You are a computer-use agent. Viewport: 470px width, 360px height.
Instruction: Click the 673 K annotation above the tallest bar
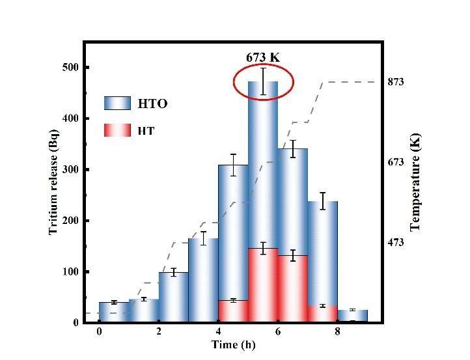click(263, 58)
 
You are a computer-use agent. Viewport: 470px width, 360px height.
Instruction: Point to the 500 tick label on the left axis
click(70, 68)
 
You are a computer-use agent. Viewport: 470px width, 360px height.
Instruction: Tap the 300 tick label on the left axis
click(70, 170)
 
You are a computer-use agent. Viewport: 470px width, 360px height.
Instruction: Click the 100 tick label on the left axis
click(70, 271)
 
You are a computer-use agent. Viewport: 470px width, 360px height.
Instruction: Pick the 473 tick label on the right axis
click(396, 243)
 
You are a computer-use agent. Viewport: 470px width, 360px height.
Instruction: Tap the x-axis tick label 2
click(159, 332)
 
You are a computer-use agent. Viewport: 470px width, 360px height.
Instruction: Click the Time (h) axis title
click(233, 344)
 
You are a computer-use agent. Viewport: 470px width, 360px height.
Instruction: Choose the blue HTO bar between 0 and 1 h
click(114, 312)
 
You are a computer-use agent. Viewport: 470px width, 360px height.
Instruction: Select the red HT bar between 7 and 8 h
click(322, 314)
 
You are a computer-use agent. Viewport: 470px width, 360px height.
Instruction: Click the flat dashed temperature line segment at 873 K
click(352, 82)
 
